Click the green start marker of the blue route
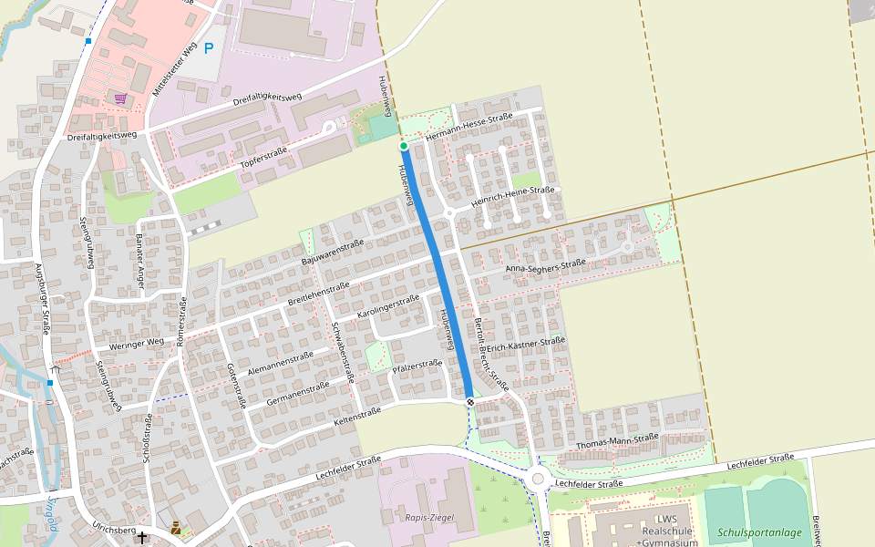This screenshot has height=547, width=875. click(x=403, y=146)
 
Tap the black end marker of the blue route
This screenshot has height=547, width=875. click(x=470, y=402)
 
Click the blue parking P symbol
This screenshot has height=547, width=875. click(x=210, y=48)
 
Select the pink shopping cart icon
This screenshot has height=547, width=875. click(x=120, y=98)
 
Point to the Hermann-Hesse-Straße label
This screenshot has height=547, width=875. click(x=470, y=127)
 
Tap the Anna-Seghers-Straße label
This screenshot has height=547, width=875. click(x=546, y=265)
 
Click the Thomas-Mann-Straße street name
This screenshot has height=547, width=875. click(x=618, y=441)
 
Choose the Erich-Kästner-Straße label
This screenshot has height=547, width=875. click(x=526, y=346)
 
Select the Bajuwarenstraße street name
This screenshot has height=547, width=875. click(x=333, y=253)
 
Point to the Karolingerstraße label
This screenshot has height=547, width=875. click(x=388, y=305)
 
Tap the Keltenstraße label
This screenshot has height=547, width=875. click(x=357, y=417)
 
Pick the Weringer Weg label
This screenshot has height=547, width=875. click(x=137, y=342)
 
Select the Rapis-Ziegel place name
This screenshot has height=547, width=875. click(x=429, y=518)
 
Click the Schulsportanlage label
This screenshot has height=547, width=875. click(x=759, y=532)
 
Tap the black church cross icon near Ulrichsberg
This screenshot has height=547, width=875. click(x=141, y=538)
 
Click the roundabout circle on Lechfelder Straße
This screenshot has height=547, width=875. click(x=538, y=479)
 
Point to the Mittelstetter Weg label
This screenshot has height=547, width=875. click(x=175, y=74)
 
